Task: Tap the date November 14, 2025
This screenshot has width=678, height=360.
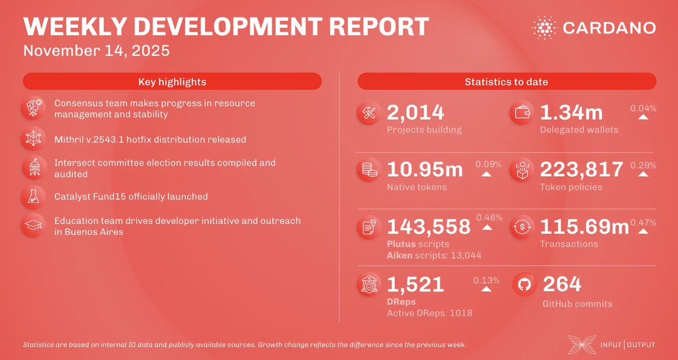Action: (97, 50)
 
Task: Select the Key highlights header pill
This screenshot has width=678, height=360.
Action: (172, 82)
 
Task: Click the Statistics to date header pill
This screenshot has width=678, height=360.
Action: (506, 82)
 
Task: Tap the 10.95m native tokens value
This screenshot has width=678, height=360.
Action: (425, 169)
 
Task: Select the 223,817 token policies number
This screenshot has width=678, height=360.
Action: (582, 169)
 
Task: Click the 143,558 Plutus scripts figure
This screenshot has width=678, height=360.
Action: (429, 227)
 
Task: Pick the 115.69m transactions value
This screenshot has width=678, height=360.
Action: (585, 227)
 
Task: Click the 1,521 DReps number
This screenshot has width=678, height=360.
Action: (415, 284)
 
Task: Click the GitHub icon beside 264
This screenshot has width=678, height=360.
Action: (523, 285)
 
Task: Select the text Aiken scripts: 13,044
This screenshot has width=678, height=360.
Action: (434, 255)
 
